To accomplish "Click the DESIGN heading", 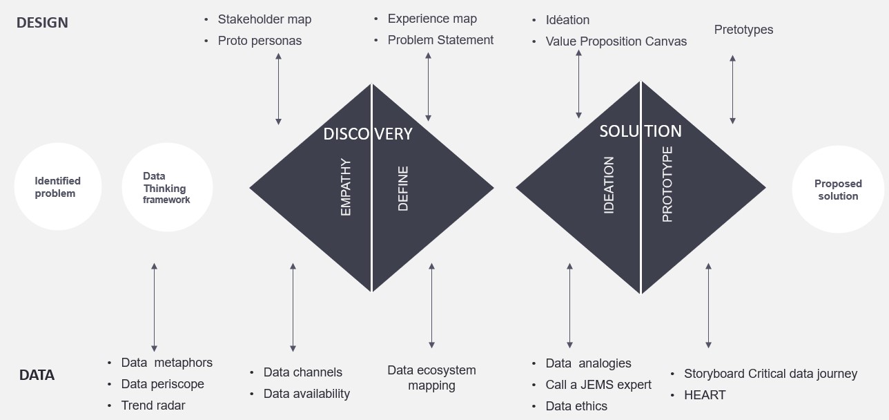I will [42, 22].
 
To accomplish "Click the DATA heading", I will [37, 375].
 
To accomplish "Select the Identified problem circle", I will [58, 187].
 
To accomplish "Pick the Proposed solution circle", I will [838, 190].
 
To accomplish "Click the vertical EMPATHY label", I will [346, 187].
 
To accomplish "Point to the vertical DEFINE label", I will [403, 188].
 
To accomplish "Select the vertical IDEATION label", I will [609, 184].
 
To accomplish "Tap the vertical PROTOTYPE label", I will [667, 184].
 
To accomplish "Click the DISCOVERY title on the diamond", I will [367, 133].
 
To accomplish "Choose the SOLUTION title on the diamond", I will [640, 131].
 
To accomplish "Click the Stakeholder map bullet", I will [264, 19].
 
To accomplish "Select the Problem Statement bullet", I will [440, 40].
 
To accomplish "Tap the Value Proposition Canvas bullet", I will [616, 41].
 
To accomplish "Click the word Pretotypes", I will [743, 30].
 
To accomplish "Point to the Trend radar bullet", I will [153, 405].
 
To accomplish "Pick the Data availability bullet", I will [306, 394].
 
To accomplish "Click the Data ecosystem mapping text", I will [431, 378].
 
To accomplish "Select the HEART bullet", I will [705, 395].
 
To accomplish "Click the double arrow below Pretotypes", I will [732, 90].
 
